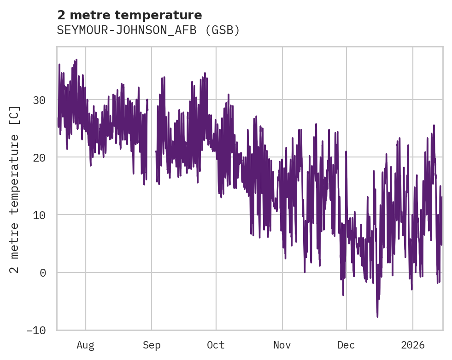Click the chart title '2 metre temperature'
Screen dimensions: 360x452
[x=129, y=15]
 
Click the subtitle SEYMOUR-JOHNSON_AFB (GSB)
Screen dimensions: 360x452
[x=148, y=30]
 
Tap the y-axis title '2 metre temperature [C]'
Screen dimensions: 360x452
[x=15, y=189]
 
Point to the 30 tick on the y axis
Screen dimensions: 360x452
[x=41, y=100]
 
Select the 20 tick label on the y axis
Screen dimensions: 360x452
[x=41, y=157]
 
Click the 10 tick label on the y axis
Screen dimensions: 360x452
[x=41, y=215]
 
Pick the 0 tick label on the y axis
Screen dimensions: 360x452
[x=43, y=273]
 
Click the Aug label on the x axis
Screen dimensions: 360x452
[x=86, y=345]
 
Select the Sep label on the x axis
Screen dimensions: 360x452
[x=151, y=345]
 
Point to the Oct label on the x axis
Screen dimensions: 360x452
[x=216, y=345]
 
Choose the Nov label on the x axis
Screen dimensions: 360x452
[x=282, y=345]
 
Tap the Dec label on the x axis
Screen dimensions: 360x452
[x=346, y=345]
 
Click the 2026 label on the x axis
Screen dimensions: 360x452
[x=413, y=345]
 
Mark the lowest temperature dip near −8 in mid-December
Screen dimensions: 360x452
[x=377, y=316]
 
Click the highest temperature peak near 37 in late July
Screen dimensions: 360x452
[x=76, y=60]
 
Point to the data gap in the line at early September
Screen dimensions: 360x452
[x=152, y=138]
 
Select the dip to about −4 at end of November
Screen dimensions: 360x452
[x=343, y=295]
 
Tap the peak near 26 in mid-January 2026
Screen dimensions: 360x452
[x=434, y=125]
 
